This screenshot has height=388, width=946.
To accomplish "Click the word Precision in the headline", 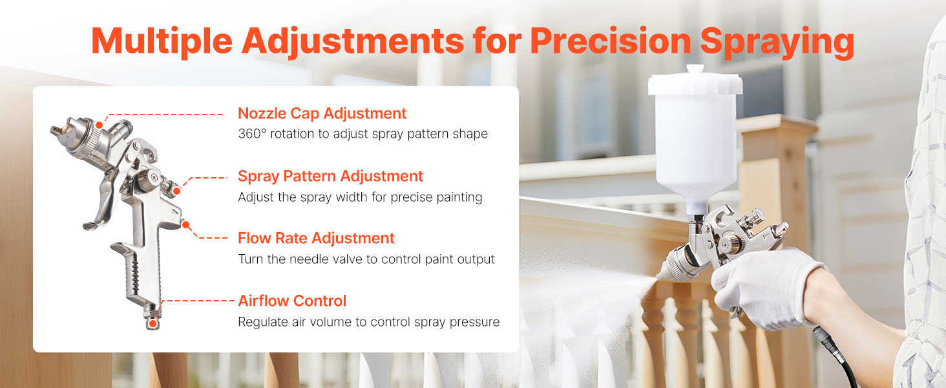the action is click(x=610, y=41).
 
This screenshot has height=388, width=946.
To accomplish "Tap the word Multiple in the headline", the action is click(x=162, y=41).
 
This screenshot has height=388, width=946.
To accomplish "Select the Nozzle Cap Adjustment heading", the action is click(x=322, y=114).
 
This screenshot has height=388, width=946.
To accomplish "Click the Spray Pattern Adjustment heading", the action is click(x=330, y=177).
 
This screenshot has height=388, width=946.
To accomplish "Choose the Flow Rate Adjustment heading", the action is click(x=316, y=239).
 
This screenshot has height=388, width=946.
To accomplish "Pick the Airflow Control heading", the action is click(x=292, y=301).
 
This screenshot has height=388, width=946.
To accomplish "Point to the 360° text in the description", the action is click(x=252, y=134).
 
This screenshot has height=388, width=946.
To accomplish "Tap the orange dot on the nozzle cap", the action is click(x=99, y=125).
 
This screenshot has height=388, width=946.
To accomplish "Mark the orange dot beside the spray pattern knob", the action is click(x=177, y=191).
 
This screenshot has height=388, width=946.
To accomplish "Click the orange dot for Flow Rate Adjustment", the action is click(x=185, y=225).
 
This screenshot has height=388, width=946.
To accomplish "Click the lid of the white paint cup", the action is click(x=695, y=81).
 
